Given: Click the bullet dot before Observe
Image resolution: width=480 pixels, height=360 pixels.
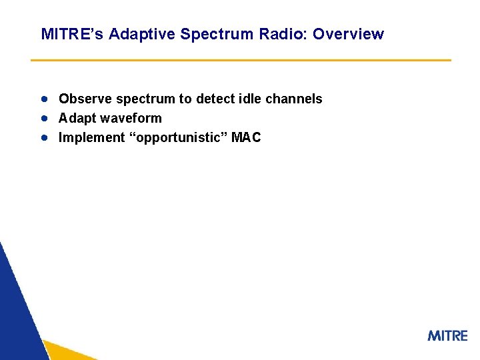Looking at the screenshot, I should pyautogui.click(x=44, y=99).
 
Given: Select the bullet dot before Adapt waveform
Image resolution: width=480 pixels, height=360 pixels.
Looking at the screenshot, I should pyautogui.click(x=44, y=118).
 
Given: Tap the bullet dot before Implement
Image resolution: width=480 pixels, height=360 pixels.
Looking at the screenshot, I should pyautogui.click(x=44, y=137).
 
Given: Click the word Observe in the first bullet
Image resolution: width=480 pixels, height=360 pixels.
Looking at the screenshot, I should pyautogui.click(x=85, y=99).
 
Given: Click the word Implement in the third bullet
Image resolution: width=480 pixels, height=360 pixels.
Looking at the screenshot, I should pyautogui.click(x=91, y=137).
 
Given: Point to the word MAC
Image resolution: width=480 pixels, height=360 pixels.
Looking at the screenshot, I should pyautogui.click(x=246, y=137).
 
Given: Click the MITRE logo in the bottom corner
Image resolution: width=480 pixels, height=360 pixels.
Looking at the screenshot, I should pyautogui.click(x=447, y=335).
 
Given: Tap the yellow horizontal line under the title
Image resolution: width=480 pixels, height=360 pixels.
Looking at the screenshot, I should pyautogui.click(x=241, y=60).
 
